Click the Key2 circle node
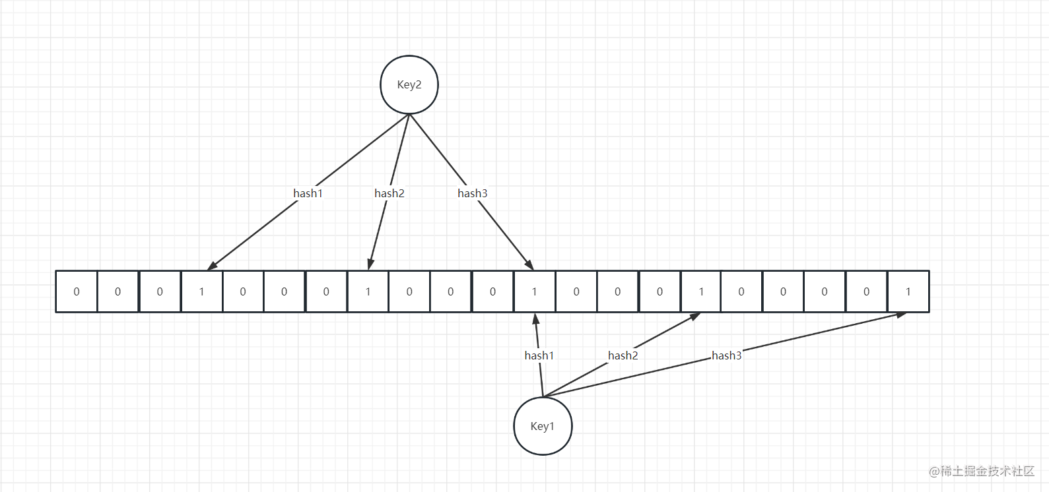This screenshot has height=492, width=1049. pos(409,84)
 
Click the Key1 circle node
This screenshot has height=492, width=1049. pos(543,426)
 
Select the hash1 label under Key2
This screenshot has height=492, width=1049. pos(308,193)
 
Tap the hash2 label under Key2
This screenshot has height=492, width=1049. pos(389,193)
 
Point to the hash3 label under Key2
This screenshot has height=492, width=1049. pos(473,193)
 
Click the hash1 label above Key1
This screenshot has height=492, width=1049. pos(539,355)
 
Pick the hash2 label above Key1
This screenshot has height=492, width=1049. pos(623,355)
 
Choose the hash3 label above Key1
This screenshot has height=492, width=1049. pos(727,355)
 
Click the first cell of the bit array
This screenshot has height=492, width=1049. pos(77,292)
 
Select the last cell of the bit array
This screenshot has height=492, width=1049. pos(908,292)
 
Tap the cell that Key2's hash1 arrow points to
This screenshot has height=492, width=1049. pos(201,292)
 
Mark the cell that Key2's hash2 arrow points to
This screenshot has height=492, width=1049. pos(368,292)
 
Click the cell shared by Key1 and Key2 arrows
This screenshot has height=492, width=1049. pos(534,292)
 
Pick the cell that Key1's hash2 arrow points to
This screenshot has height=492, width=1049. pos(701,292)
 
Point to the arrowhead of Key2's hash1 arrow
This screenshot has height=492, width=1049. pos(211,266)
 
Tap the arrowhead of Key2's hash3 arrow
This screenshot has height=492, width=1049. pos(529,265)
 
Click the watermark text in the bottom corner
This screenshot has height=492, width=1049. pos(982,471)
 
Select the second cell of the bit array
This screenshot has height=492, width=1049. pos(118,292)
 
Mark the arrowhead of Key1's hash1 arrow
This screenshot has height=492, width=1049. pos(536,319)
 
